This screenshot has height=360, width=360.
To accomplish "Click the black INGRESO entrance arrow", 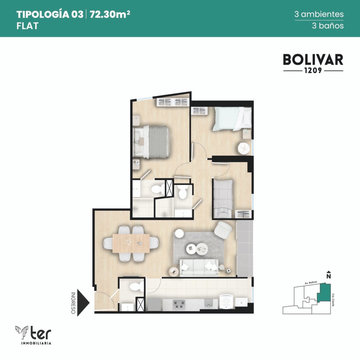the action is [83, 303].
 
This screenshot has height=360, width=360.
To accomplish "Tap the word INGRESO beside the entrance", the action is [73, 303].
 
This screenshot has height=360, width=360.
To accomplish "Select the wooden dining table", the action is [131, 243].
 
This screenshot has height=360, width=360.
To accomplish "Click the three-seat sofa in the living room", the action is [199, 267].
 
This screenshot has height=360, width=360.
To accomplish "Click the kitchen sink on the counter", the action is [208, 303].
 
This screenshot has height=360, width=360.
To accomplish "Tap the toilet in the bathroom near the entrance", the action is [136, 287].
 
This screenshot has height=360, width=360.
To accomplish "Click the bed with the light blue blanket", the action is [232, 119].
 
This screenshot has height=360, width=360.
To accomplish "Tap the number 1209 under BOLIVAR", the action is [313, 70].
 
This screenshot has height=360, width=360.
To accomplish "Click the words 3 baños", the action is [328, 25].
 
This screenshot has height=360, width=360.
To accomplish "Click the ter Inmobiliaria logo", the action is [33, 335].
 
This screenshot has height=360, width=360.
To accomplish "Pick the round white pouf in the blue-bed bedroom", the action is [244, 148].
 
